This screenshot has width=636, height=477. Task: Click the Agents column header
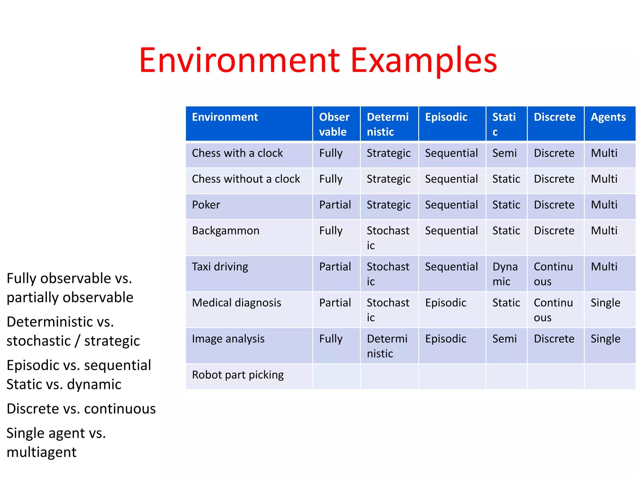(608, 117)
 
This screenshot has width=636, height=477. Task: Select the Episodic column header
(446, 117)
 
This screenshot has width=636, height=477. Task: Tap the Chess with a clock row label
(237, 153)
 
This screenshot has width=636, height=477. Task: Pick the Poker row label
(206, 205)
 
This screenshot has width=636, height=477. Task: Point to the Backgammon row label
(225, 231)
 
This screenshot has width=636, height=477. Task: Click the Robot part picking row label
(238, 375)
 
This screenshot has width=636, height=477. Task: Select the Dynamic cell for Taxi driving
(505, 274)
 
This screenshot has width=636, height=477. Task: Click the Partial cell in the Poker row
(335, 205)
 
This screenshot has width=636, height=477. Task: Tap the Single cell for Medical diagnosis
(605, 303)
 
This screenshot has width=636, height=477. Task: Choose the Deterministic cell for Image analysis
(387, 346)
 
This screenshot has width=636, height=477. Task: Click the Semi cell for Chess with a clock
(504, 153)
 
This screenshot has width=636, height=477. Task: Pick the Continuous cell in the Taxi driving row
(553, 274)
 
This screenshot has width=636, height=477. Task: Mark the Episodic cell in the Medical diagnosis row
(446, 303)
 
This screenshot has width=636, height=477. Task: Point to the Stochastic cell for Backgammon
(388, 238)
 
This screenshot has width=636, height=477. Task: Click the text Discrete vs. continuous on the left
(81, 409)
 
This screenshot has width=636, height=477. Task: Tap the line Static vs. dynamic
(64, 384)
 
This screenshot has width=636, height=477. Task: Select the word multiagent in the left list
(41, 452)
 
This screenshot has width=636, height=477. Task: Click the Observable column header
(334, 124)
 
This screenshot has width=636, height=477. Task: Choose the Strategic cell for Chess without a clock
(388, 179)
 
